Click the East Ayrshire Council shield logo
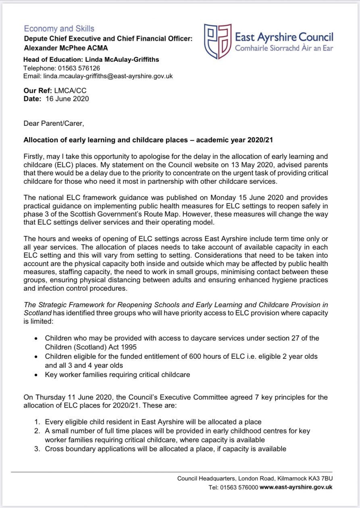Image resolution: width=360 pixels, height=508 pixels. [x=217, y=42]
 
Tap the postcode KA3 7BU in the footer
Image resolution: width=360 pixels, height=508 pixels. [x=321, y=479]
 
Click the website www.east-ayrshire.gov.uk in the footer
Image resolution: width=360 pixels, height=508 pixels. [x=296, y=487]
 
